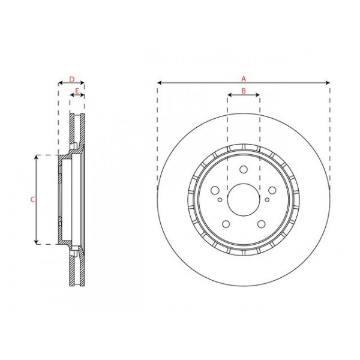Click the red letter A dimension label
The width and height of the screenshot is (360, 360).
[x=244, y=79]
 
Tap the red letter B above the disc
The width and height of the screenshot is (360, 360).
[x=244, y=91]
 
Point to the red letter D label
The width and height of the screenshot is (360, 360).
[x=71, y=79]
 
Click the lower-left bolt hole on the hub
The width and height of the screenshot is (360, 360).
[x=227, y=224]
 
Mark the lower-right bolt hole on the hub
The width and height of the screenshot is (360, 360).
[x=260, y=224]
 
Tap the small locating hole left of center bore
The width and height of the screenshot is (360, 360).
[x=221, y=202]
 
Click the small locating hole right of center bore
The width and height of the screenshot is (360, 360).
[x=266, y=202]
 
